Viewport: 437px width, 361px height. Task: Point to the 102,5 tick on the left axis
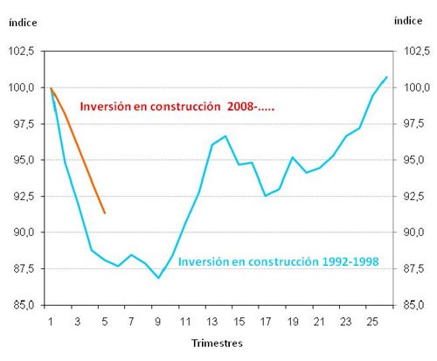[22, 52]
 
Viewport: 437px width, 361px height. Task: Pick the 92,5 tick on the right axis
[413, 197]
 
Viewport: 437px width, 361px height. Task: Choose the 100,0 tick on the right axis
[413, 88]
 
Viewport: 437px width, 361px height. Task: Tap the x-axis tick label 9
[158, 320]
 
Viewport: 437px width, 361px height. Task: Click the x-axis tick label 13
[212, 320]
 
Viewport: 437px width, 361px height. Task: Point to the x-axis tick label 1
[51, 320]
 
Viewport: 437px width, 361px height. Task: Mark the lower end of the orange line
[105, 213]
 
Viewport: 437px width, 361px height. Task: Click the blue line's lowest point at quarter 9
[158, 278]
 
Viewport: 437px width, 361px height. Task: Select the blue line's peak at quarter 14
[225, 136]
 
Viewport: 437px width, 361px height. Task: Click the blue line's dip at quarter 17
[266, 196]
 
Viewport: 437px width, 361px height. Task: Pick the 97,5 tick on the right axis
[413, 124]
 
